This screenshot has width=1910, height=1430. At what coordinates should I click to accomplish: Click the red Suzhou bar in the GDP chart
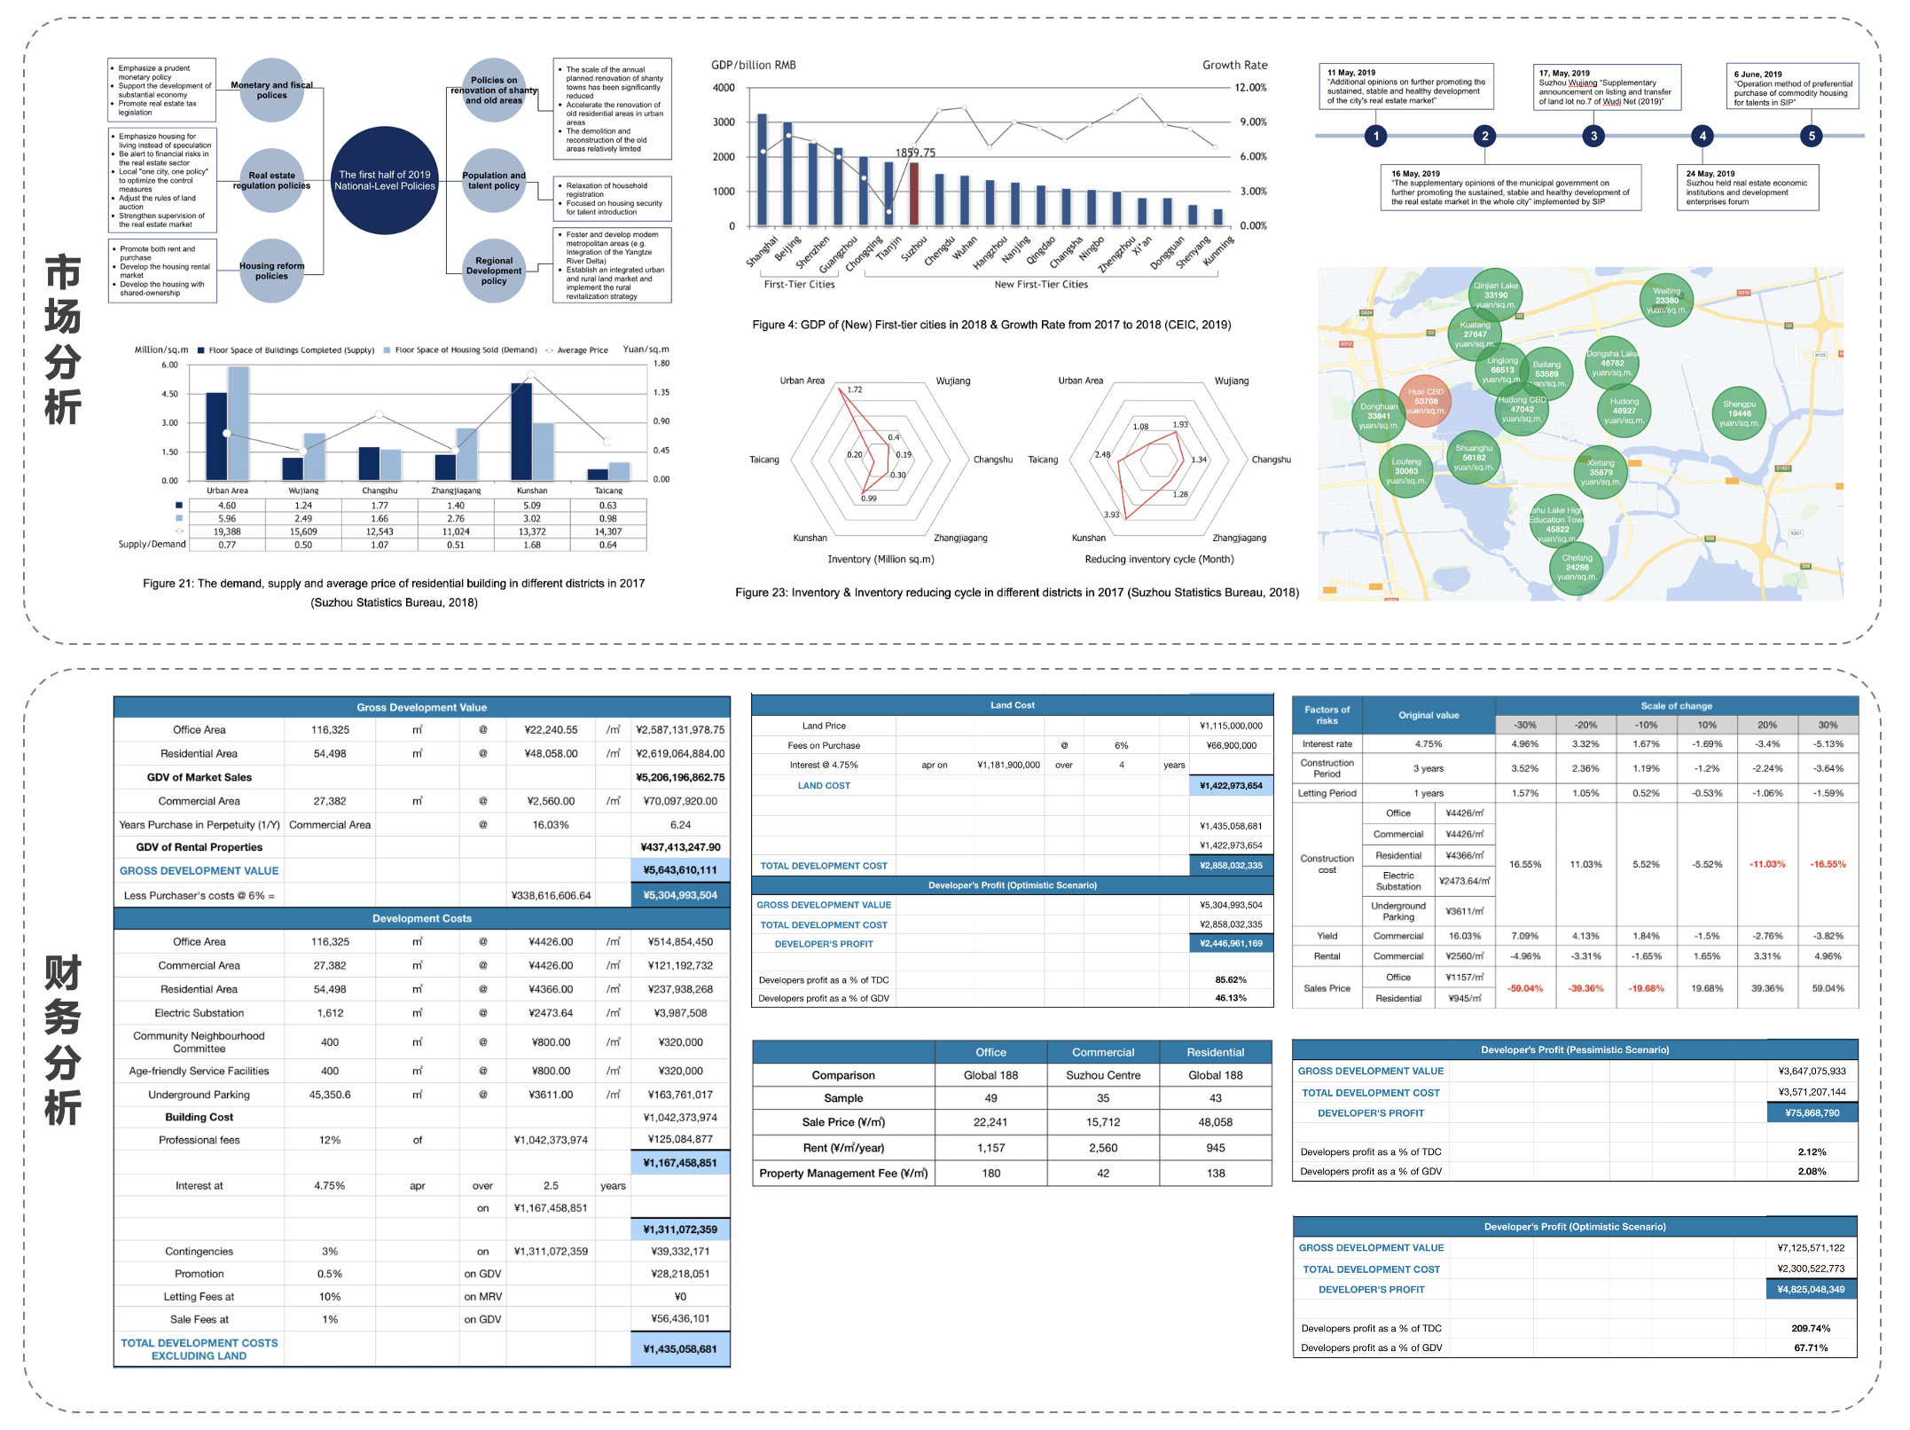click(x=914, y=193)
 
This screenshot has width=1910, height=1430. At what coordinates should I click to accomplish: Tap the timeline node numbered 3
click(x=1593, y=136)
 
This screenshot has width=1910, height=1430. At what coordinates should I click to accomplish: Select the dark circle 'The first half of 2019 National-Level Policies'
click(x=385, y=180)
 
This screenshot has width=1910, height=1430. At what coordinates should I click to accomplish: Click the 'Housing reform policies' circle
click(x=271, y=271)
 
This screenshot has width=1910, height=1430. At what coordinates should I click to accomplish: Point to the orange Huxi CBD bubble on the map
click(x=1425, y=401)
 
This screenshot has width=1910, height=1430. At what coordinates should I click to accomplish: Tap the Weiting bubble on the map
click(x=1666, y=300)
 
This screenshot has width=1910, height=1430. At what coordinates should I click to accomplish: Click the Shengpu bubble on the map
click(x=1739, y=413)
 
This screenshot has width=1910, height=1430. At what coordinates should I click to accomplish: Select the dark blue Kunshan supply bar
click(x=521, y=431)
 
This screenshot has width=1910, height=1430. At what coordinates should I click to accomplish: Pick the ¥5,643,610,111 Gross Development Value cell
click(x=680, y=870)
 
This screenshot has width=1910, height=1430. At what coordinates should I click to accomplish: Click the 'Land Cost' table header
click(x=1012, y=705)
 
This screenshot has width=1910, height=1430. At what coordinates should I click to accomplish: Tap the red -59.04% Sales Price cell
click(x=1525, y=988)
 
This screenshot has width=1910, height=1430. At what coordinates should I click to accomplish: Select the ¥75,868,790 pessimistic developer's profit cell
click(x=1812, y=1112)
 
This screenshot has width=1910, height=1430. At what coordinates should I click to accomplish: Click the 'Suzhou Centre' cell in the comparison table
click(x=1103, y=1075)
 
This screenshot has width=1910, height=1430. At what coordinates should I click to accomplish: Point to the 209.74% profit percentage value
click(x=1811, y=1328)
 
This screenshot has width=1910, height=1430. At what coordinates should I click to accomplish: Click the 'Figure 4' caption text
click(x=991, y=325)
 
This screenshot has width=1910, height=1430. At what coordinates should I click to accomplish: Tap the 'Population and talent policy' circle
click(x=494, y=180)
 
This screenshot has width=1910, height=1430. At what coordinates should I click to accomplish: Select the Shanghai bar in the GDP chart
click(x=763, y=169)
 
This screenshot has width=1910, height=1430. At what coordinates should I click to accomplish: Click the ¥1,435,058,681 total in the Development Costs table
click(x=680, y=1348)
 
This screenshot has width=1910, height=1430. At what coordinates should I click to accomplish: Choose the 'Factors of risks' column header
click(x=1327, y=715)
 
